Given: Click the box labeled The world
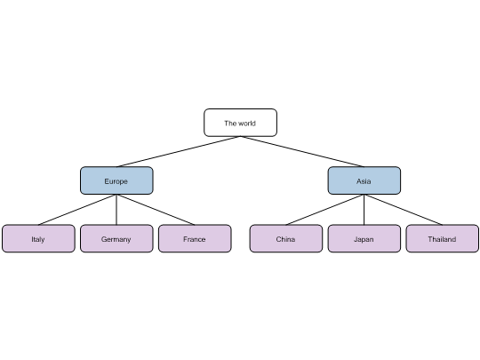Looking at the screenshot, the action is (x=240, y=123).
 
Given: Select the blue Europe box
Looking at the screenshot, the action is (x=116, y=180).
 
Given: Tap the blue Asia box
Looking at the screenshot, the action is (x=364, y=180).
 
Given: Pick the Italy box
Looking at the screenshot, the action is (x=38, y=238).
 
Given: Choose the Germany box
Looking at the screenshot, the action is (x=116, y=238).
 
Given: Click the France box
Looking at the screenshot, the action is (x=195, y=238).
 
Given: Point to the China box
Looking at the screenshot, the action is (x=286, y=238).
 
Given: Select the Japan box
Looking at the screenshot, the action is (x=364, y=238).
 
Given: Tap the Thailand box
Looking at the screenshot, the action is (x=443, y=238).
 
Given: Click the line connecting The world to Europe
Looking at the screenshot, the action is (x=179, y=151).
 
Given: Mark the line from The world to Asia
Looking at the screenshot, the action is (x=302, y=151).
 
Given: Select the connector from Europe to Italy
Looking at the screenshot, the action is (x=77, y=210).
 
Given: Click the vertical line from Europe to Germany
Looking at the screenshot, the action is (x=116, y=210).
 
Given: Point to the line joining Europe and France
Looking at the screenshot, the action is (x=156, y=210).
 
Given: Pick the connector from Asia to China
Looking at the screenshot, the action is (x=325, y=210).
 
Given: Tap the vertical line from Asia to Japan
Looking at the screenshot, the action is (x=364, y=210).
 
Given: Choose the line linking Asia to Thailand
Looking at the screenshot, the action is (x=404, y=210).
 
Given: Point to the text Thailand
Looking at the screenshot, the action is (x=442, y=239).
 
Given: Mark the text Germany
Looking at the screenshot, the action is (x=116, y=240).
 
